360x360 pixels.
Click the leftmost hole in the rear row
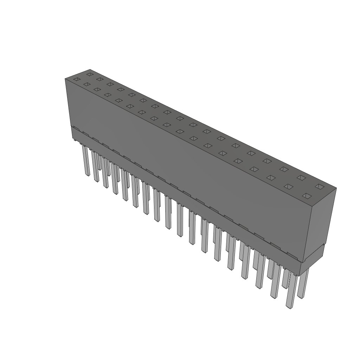tap(90, 75)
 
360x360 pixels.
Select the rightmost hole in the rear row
tap(319, 186)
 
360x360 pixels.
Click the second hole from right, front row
tap(289, 186)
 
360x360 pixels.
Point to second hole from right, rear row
tap(301, 178)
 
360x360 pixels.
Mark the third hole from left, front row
tap(97, 90)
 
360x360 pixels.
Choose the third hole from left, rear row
tap(110, 84)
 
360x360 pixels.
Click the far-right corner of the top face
tap(336, 188)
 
